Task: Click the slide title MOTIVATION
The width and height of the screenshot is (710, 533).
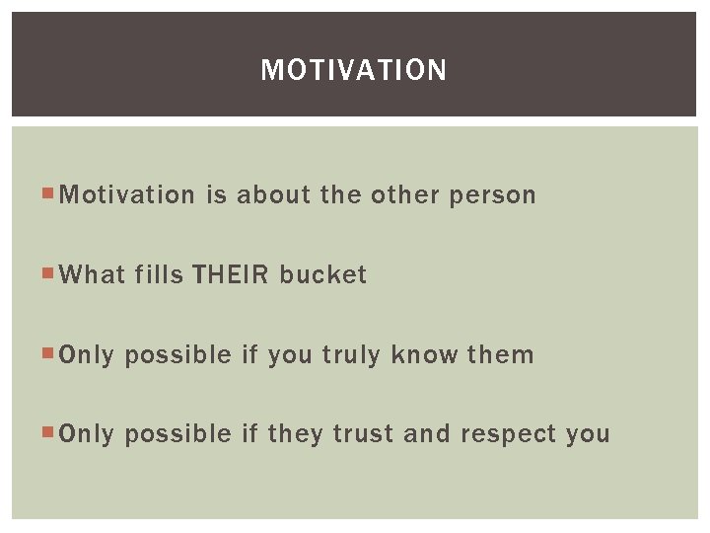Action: point(354,70)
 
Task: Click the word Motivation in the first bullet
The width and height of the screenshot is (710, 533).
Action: point(128,195)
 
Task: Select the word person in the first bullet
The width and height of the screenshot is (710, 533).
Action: point(493,195)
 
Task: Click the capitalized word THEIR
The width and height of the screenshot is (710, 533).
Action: point(231,275)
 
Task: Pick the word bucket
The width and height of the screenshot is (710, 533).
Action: point(323,275)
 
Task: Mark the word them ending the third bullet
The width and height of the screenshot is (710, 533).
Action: point(501,355)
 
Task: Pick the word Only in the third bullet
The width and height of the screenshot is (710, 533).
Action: point(87,355)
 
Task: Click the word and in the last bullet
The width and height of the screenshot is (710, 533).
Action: point(427,434)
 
